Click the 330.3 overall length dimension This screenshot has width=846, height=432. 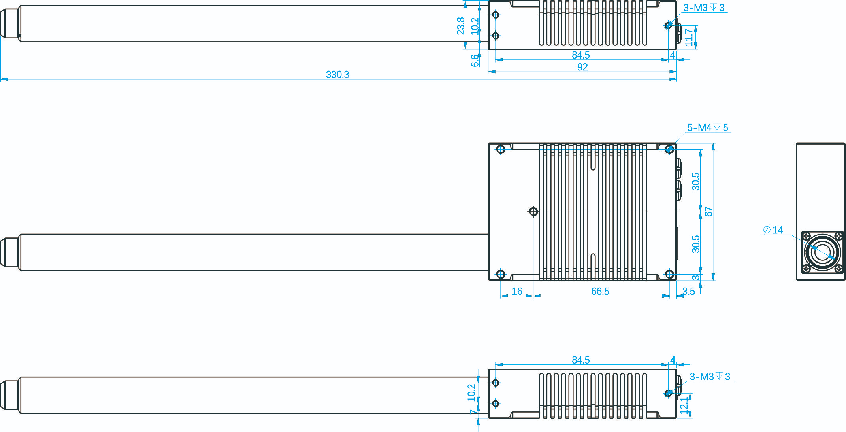(337, 74)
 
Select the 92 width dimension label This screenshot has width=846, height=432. (582, 67)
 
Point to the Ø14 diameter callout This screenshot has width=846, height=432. (773, 230)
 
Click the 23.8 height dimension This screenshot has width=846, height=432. (461, 26)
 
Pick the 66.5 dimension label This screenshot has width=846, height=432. (600, 291)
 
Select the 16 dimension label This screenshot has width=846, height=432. (517, 291)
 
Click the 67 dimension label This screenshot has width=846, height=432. (708, 212)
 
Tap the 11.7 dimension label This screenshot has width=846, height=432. (689, 37)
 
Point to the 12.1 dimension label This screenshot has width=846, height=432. (684, 405)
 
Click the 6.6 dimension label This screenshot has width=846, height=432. (475, 61)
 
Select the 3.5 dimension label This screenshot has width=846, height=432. (688, 291)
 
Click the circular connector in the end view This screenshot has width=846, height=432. (822, 252)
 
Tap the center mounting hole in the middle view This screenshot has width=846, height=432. (533, 212)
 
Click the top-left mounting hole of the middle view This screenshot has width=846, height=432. (501, 149)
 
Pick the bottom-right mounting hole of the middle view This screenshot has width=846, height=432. (669, 274)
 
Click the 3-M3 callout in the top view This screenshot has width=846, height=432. (704, 8)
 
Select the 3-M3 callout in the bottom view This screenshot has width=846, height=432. (710, 376)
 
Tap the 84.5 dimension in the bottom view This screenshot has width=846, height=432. (580, 360)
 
